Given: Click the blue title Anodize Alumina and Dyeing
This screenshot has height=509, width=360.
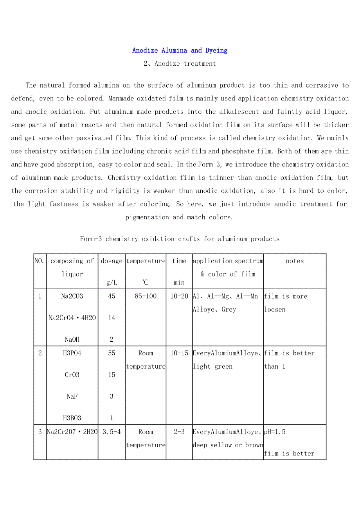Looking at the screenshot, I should [x=180, y=50].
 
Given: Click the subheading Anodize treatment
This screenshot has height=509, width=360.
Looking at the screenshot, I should [x=180, y=64].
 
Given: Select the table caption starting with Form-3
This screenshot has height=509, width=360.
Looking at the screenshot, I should [x=180, y=239].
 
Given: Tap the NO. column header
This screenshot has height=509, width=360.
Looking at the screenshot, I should [x=40, y=261].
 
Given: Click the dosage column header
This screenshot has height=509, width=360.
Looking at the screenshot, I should [x=112, y=261].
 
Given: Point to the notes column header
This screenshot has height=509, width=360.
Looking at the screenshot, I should [x=295, y=261].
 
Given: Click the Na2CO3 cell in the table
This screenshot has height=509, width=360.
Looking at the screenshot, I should [x=72, y=296].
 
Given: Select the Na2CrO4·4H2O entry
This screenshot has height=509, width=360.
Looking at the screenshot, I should [x=72, y=318].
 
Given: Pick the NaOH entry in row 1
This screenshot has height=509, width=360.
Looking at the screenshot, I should [x=72, y=340].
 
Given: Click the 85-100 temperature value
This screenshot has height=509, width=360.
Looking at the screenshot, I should [x=146, y=296].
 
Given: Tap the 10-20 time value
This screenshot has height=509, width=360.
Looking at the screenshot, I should [x=179, y=296].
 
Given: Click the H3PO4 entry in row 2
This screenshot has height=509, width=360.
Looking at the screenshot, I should [x=72, y=353].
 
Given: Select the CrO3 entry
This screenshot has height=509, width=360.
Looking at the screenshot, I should [x=72, y=375].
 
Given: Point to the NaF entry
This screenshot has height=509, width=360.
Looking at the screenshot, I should [x=72, y=396].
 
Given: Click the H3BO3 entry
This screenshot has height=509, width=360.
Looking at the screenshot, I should [x=72, y=418].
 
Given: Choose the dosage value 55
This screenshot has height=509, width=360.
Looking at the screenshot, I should [x=112, y=353].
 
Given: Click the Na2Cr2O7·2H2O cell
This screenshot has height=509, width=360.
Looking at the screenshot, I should [x=72, y=432].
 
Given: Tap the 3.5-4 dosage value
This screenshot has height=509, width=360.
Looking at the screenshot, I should [x=112, y=432].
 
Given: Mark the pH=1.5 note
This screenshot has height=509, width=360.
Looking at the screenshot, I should [x=275, y=432].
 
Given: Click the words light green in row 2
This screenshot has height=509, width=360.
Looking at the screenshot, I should [x=212, y=367].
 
